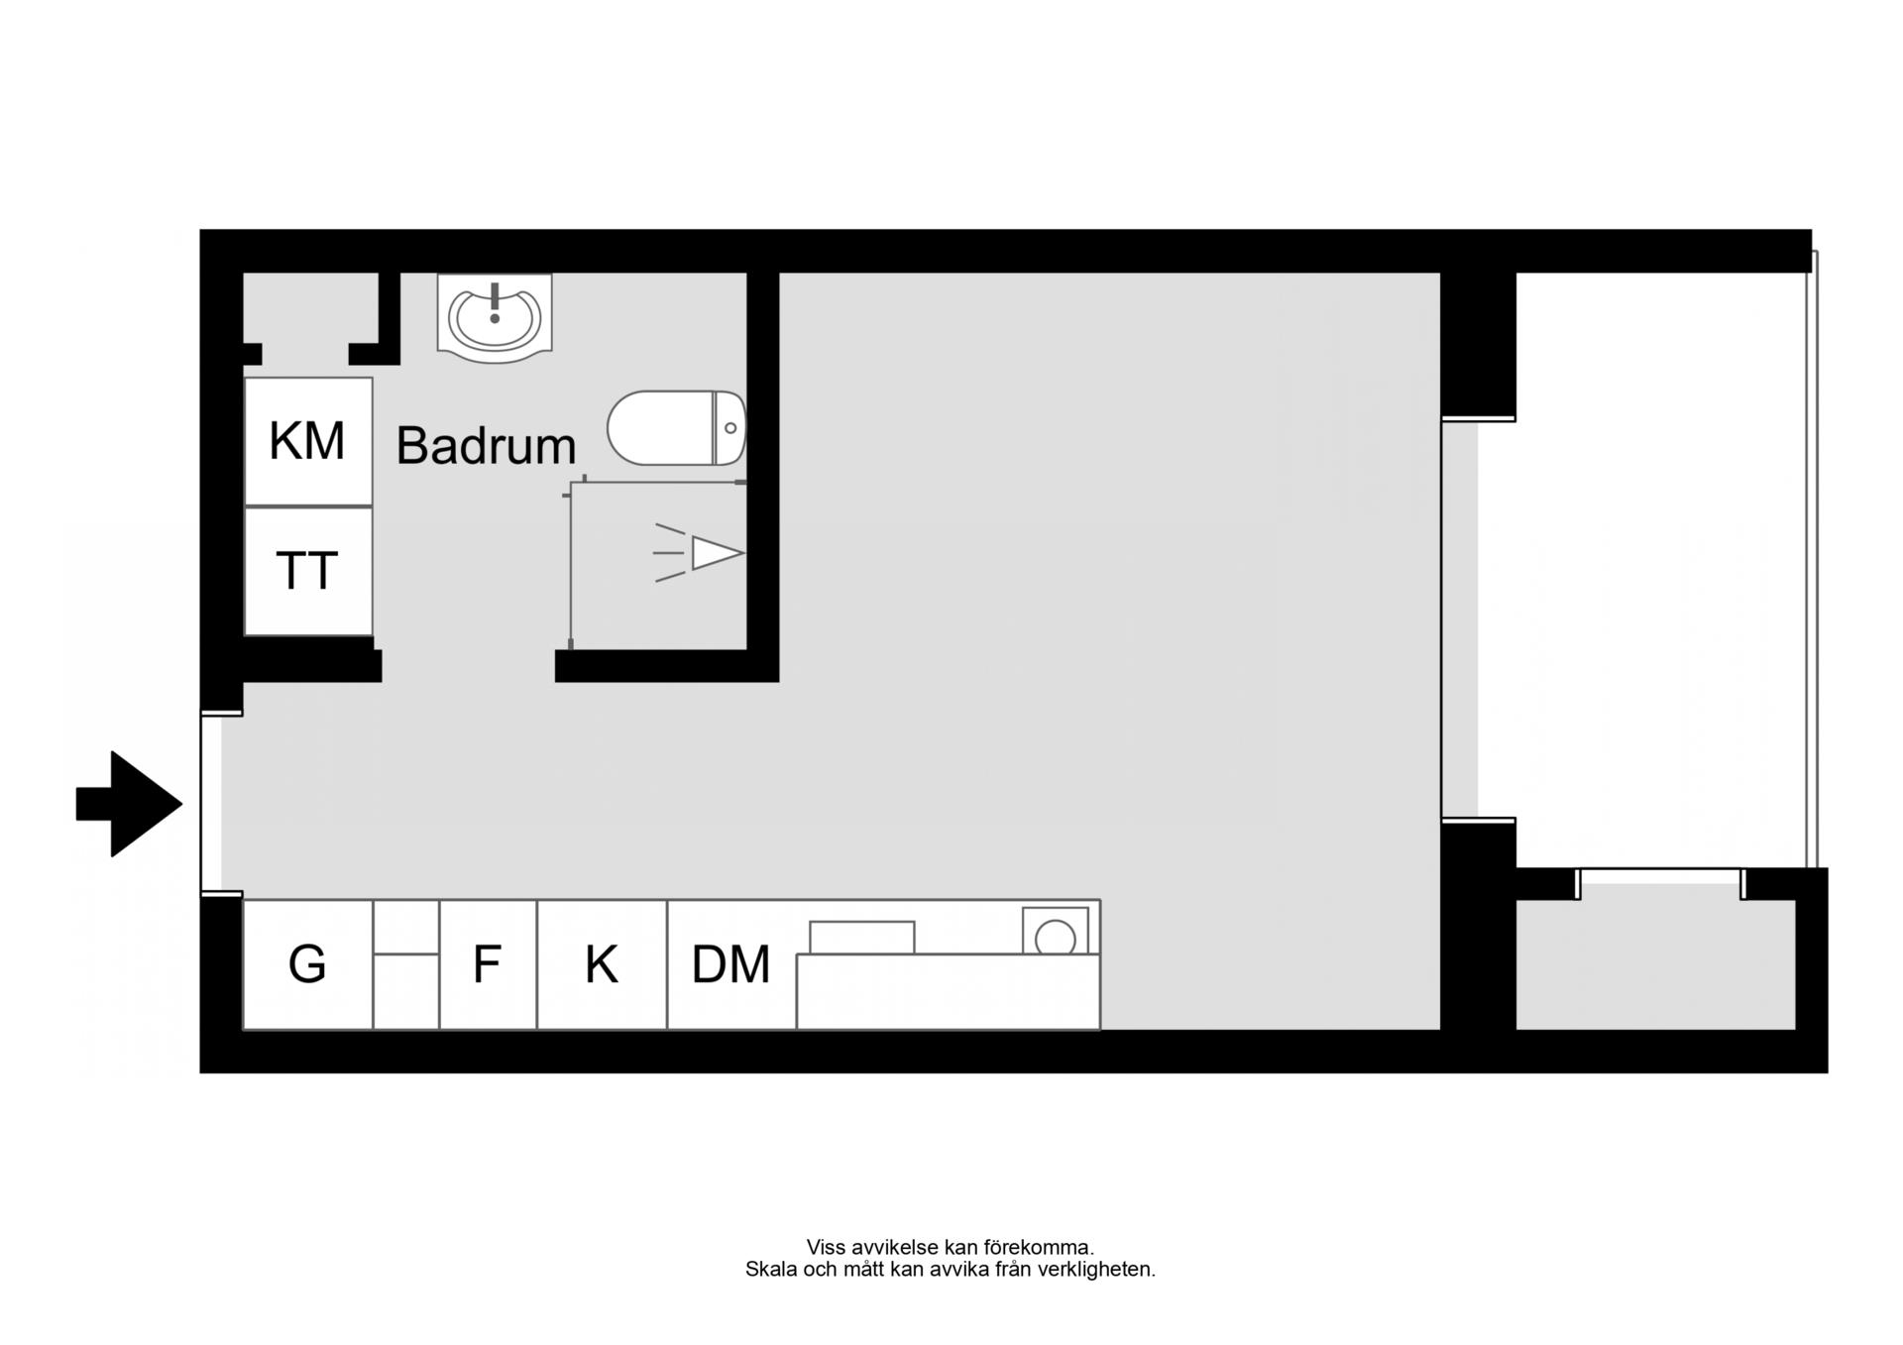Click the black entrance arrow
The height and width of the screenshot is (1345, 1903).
[129, 804]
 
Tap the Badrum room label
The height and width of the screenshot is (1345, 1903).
[486, 446]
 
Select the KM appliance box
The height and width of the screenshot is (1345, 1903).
[308, 441]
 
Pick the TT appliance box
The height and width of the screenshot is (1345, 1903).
[308, 572]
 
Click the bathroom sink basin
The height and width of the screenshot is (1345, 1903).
[495, 317]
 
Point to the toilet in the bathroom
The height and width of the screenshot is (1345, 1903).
[676, 428]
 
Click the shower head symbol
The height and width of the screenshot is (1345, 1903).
[700, 553]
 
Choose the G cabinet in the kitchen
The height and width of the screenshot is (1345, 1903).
[307, 964]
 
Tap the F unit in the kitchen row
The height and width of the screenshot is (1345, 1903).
[488, 964]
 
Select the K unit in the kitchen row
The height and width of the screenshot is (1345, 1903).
[602, 964]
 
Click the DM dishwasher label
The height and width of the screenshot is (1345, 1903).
[730, 964]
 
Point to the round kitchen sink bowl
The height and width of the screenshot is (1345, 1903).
[1056, 938]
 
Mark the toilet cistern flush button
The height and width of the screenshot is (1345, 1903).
[730, 428]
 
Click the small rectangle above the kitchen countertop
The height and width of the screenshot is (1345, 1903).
[862, 938]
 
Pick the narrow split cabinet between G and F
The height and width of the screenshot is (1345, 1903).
[406, 964]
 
